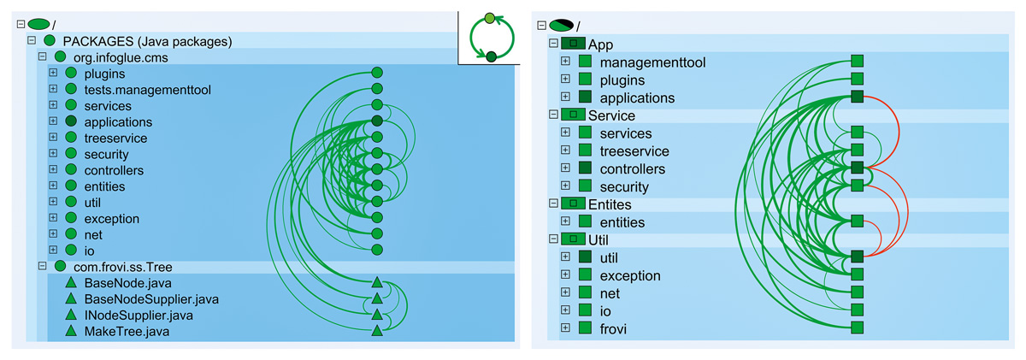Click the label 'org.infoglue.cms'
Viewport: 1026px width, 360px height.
click(121, 57)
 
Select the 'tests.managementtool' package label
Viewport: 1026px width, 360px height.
click(147, 90)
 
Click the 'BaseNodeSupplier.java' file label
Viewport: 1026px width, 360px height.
click(151, 299)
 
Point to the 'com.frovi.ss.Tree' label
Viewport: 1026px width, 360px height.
click(125, 266)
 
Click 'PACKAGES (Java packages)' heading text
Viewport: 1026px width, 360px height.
click(147, 41)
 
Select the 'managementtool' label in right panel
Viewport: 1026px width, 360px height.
click(652, 62)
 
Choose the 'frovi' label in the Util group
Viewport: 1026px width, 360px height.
click(614, 328)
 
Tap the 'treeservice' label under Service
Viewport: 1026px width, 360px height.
click(634, 151)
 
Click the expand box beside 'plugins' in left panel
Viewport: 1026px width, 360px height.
click(53, 74)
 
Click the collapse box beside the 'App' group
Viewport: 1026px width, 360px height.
click(553, 44)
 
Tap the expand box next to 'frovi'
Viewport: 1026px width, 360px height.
click(565, 328)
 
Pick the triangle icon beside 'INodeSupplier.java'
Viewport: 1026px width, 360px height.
click(71, 316)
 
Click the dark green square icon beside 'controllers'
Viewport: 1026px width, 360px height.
click(585, 168)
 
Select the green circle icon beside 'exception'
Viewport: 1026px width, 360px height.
click(71, 219)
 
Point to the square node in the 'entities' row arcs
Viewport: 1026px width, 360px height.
click(857, 221)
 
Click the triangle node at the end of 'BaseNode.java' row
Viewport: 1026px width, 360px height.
click(376, 283)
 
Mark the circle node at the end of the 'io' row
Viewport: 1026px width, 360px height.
click(376, 250)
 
